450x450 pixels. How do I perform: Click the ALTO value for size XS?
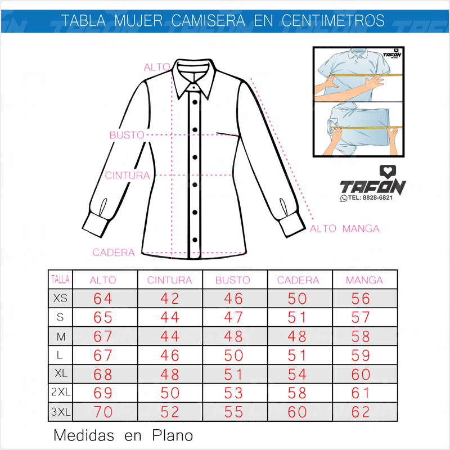click(103, 299)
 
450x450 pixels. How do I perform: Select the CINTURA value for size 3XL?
click(170, 412)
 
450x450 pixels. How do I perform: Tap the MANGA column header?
click(364, 280)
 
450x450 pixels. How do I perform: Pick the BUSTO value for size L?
click(233, 355)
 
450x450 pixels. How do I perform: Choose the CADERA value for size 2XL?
click(298, 393)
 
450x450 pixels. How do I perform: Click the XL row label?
click(61, 373)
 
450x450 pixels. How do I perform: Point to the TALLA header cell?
click(60, 279)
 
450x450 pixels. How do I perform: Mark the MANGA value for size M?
click(361, 336)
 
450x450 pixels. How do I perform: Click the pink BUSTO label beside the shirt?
click(127, 135)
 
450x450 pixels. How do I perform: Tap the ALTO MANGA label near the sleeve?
click(345, 228)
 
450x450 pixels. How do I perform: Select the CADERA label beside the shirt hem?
click(114, 253)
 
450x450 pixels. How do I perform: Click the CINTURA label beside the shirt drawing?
click(128, 175)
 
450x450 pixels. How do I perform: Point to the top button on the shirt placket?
click(195, 102)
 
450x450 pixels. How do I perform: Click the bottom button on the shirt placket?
click(195, 240)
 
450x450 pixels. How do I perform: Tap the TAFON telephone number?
click(370, 198)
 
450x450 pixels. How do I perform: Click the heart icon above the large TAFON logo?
click(388, 172)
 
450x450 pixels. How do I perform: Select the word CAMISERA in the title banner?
click(208, 21)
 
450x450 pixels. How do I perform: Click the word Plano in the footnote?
click(173, 435)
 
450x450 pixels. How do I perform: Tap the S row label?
click(60, 317)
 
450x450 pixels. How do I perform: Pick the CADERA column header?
click(298, 280)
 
